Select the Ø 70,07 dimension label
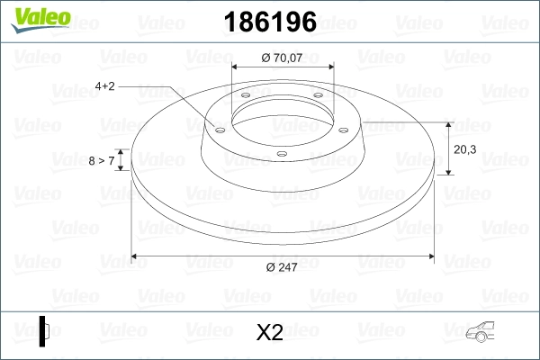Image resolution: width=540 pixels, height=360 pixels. [283, 58]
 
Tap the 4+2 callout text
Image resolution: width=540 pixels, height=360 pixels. [105, 86]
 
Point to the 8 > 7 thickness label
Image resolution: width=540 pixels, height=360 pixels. [102, 161]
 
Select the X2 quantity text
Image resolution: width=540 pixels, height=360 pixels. [270, 333]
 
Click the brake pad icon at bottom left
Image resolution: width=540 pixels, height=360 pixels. [44, 330]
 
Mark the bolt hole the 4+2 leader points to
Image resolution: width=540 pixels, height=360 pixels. [219, 129]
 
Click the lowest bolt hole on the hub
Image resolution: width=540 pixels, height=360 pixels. [281, 154]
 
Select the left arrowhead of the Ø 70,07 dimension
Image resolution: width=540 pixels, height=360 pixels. [237, 66]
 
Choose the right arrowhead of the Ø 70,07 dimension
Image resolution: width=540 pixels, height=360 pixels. [330, 66]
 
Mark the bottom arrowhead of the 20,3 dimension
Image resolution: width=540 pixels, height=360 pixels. [447, 173]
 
